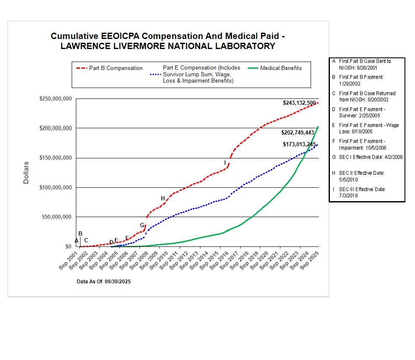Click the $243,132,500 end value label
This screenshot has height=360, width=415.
[x=299, y=103]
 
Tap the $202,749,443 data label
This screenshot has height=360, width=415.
[x=298, y=132]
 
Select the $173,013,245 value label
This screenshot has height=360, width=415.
[x=299, y=145]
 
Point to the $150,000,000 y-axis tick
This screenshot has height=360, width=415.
[x=56, y=158]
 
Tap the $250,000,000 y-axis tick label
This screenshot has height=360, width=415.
[x=56, y=99]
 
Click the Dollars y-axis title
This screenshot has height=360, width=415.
[x=26, y=173]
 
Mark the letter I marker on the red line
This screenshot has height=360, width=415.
[x=225, y=163]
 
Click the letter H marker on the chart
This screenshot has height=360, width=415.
[x=163, y=198]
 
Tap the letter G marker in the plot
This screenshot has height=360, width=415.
[x=142, y=225]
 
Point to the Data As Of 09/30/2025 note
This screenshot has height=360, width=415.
[x=104, y=282]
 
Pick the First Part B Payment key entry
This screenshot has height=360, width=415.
[x=361, y=80]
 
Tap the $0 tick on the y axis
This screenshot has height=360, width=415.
[x=67, y=247]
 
